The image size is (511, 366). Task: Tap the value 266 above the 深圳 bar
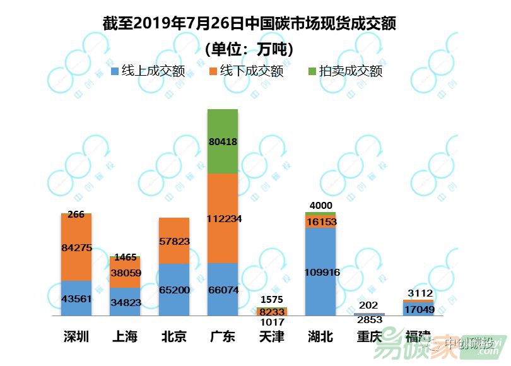click(x=76, y=215)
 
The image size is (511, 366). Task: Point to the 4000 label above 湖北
click(x=320, y=205)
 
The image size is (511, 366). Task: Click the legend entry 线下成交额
click(x=247, y=71)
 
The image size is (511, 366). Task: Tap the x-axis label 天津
click(x=272, y=336)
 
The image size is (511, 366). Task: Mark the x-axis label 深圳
click(x=76, y=336)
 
